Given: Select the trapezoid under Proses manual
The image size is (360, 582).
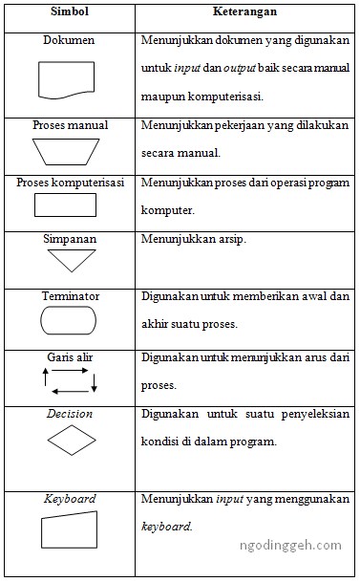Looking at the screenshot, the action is click(68, 151).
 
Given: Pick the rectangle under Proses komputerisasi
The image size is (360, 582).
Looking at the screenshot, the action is click(66, 205).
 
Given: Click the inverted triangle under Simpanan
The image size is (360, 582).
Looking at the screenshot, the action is click(70, 259).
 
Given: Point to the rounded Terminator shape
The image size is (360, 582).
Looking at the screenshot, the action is click(69, 320).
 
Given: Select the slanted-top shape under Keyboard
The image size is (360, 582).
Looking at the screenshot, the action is click(68, 530).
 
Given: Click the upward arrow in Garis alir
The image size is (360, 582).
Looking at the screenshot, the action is click(44, 380).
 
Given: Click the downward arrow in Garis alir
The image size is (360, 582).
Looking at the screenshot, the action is click(95, 380).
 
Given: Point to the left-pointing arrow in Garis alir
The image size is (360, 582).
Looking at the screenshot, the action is click(69, 391).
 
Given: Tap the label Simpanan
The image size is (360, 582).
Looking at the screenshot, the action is click(70, 238).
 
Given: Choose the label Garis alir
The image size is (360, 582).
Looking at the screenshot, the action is click(68, 356).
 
